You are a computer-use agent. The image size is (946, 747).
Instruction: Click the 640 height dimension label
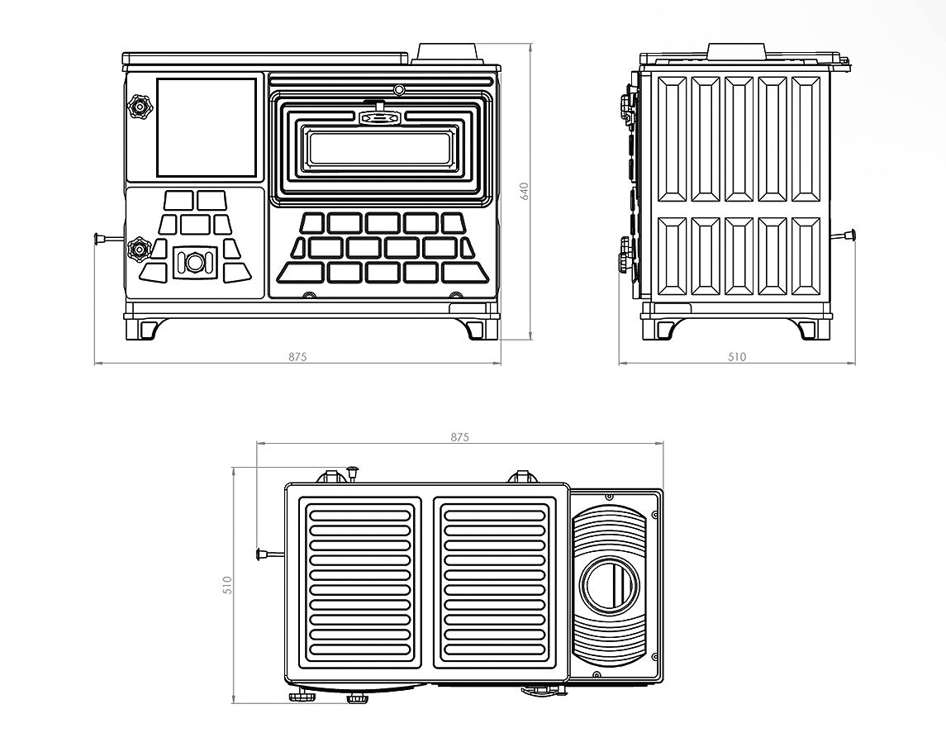pyautogui.click(x=524, y=191)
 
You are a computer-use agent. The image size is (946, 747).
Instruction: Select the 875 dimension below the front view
pyautogui.click(x=297, y=357)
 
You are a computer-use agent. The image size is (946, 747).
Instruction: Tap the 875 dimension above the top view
pyautogui.click(x=460, y=437)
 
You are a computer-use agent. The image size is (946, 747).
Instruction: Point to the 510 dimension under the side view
pyautogui.click(x=737, y=357)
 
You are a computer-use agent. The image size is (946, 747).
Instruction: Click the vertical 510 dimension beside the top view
pyautogui.click(x=228, y=585)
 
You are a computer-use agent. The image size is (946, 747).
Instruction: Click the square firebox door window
pyautogui.click(x=207, y=127)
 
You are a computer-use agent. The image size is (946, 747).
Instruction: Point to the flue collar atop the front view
pyautogui.click(x=449, y=53)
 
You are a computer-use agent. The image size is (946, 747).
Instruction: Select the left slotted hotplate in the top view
pyautogui.click(x=359, y=583)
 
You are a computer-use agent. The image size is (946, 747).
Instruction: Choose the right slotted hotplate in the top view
pyautogui.click(x=495, y=583)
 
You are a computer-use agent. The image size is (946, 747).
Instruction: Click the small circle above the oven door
pyautogui.click(x=398, y=89)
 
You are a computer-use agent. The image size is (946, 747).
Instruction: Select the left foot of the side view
pyautogui.click(x=664, y=328)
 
